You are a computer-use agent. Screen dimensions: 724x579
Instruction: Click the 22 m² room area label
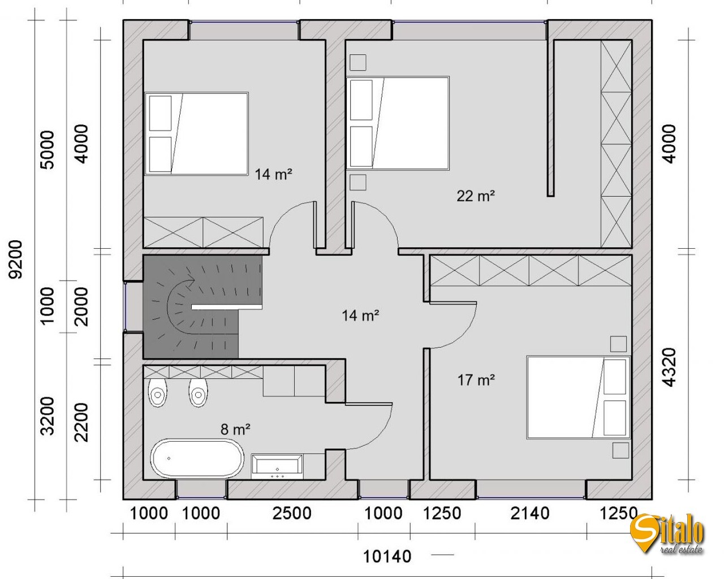pyautogui.click(x=475, y=196)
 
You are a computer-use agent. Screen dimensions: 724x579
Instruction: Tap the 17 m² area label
pyautogui.click(x=476, y=380)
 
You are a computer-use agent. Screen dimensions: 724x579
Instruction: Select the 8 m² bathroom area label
pyautogui.click(x=235, y=429)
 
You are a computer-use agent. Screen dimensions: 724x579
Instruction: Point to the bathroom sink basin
pyautogui.click(x=277, y=466)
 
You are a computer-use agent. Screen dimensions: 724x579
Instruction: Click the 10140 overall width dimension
pyautogui.click(x=387, y=556)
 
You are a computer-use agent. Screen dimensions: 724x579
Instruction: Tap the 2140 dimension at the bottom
pyautogui.click(x=530, y=513)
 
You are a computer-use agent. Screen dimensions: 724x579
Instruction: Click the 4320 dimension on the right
pyautogui.click(x=670, y=368)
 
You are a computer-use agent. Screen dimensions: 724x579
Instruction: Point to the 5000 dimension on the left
pyautogui.click(x=47, y=150)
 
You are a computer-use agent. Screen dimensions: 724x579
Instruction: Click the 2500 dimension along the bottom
pyautogui.click(x=292, y=513)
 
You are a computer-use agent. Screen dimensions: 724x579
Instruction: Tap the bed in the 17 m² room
pyautogui.click(x=578, y=397)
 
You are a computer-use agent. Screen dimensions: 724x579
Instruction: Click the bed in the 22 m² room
pyautogui.click(x=398, y=123)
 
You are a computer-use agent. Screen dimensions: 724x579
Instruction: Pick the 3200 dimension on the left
pyautogui.click(x=47, y=416)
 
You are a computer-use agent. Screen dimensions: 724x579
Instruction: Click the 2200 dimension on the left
pyautogui.click(x=81, y=422)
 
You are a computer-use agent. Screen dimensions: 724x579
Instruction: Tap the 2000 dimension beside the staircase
pyautogui.click(x=81, y=306)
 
